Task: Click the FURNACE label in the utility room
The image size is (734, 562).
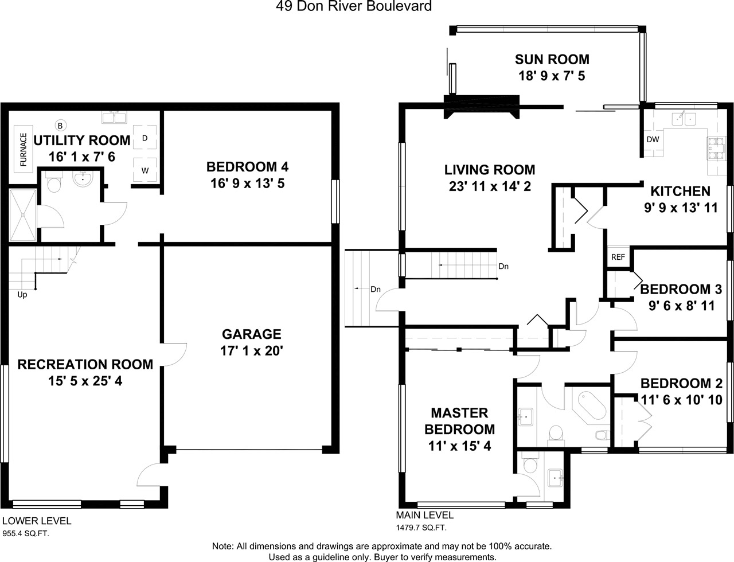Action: click(x=24, y=149)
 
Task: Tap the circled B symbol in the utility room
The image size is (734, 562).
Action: click(x=60, y=126)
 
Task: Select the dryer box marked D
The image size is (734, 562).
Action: click(x=145, y=137)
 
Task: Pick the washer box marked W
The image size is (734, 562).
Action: click(x=145, y=170)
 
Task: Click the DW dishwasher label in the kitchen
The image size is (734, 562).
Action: click(x=653, y=139)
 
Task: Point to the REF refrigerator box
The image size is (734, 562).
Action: click(x=618, y=257)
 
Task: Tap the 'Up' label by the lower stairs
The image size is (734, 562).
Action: click(x=22, y=295)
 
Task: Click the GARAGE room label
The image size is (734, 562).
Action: click(x=252, y=334)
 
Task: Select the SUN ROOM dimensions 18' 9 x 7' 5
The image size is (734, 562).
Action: click(x=552, y=76)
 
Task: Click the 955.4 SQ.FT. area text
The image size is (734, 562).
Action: click(x=26, y=534)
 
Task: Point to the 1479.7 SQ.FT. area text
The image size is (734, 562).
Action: click(x=421, y=528)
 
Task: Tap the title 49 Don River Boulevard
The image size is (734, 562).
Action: click(x=354, y=6)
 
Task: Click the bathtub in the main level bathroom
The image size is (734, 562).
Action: click(x=592, y=405)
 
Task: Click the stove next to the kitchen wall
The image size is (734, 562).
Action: click(x=716, y=148)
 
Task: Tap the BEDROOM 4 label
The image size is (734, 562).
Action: click(x=248, y=167)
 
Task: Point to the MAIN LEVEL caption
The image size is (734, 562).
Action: click(x=424, y=515)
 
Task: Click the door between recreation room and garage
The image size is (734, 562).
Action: click(x=173, y=354)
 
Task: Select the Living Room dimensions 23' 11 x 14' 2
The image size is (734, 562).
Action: click(x=490, y=186)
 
